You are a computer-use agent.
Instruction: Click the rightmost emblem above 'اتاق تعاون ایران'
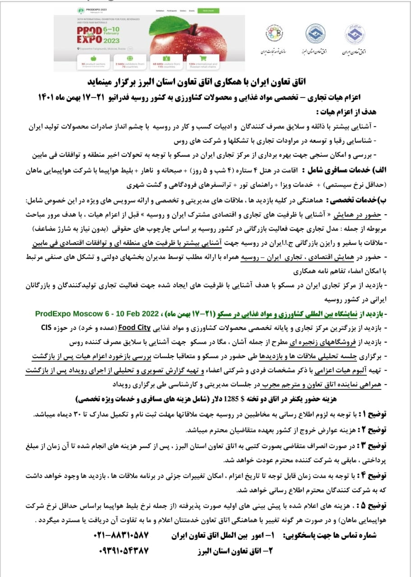[355, 33]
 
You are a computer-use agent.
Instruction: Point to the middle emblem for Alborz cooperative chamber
[315, 33]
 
